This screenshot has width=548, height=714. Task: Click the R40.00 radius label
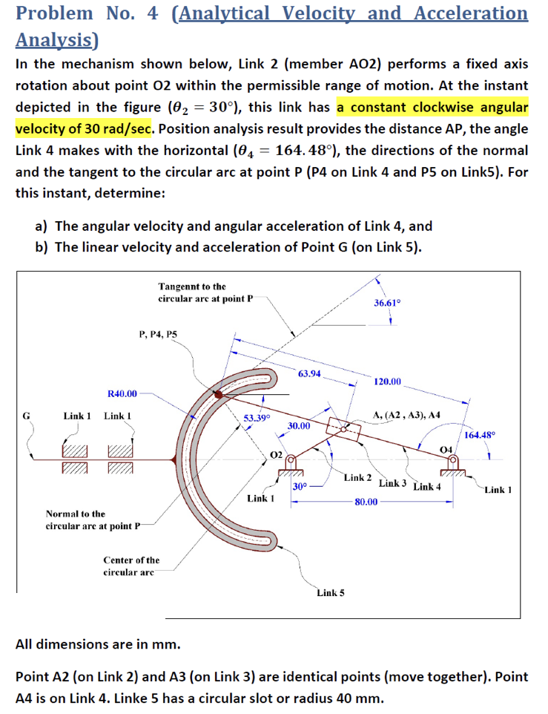click(x=122, y=393)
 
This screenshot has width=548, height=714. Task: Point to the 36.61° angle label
click(x=387, y=303)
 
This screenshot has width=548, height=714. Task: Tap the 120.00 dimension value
click(x=388, y=381)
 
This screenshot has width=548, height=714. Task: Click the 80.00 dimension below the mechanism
click(x=366, y=502)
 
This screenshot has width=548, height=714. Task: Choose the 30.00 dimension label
click(x=299, y=426)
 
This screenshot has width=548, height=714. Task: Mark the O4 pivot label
click(x=446, y=450)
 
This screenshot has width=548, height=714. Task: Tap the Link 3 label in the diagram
click(x=392, y=483)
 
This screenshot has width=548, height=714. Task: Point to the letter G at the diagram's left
click(x=26, y=416)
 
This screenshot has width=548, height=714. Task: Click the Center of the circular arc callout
click(x=131, y=566)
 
